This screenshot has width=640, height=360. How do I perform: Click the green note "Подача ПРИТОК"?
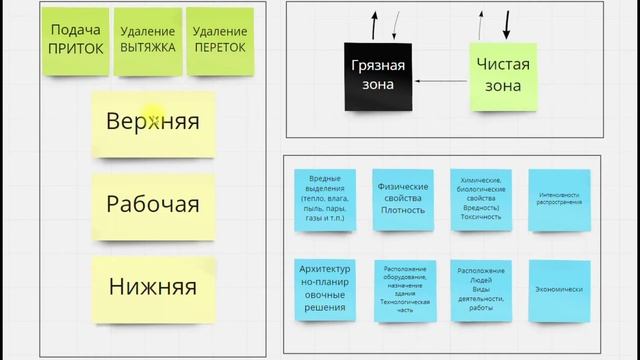point(76,41)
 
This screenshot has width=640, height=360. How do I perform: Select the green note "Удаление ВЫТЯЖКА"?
point(146,41)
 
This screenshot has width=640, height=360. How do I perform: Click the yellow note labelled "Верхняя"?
point(153,123)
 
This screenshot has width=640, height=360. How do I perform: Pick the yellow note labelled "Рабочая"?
point(153,205)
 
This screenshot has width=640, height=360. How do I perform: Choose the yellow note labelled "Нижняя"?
point(153,288)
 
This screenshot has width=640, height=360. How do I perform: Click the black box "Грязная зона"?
point(378,76)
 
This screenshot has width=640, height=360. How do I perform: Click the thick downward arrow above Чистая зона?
point(506,23)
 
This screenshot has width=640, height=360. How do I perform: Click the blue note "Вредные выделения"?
point(325,199)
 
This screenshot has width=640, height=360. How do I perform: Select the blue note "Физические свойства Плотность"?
point(403,198)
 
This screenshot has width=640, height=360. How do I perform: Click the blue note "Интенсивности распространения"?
point(559,198)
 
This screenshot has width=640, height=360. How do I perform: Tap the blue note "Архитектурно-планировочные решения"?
point(325,289)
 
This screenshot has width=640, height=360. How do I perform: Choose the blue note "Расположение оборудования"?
point(403,290)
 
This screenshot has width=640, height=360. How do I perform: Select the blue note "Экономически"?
point(559,290)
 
